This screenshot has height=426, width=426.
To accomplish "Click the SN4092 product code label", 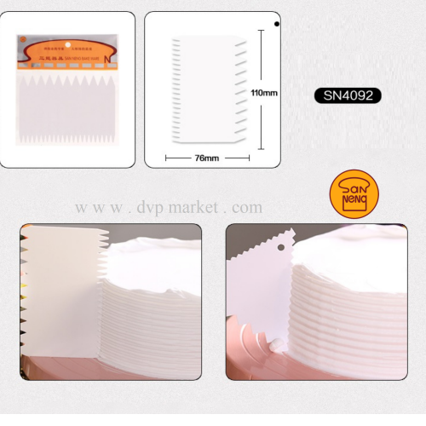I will (x=347, y=95).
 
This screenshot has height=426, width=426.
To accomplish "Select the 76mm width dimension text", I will (x=207, y=158).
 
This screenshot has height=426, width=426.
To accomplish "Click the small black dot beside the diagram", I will (x=279, y=26).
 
